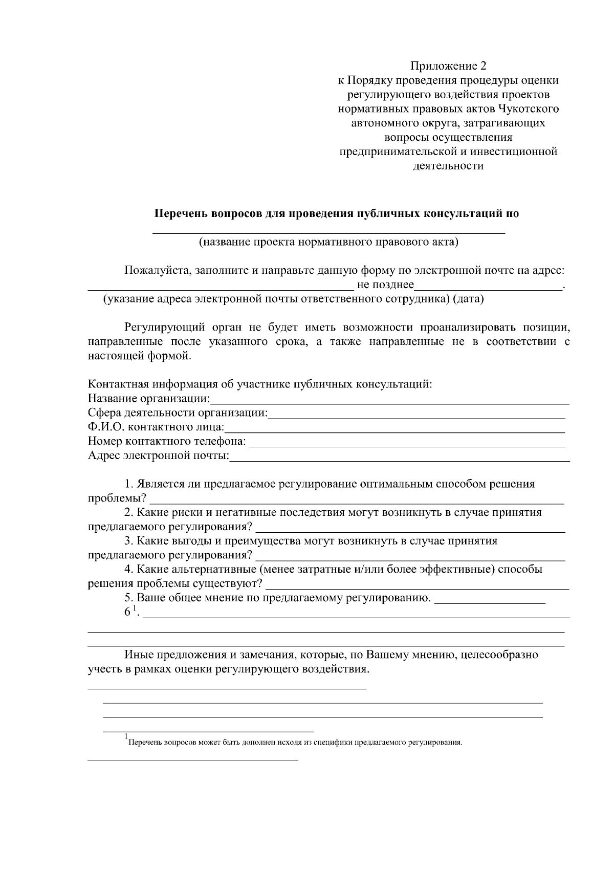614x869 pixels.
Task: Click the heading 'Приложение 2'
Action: [x=448, y=66]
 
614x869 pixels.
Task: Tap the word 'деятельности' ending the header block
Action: [x=448, y=166]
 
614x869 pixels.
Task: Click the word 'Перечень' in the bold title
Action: [x=182, y=214]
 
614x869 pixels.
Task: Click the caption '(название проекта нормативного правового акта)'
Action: [x=328, y=242]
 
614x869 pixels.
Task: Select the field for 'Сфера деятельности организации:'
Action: [x=416, y=414]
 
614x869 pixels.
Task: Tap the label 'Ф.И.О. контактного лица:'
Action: [x=156, y=427]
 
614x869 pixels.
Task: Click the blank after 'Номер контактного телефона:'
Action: [x=407, y=442]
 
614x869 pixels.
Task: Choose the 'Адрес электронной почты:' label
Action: [x=159, y=456]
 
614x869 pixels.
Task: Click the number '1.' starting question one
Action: [x=129, y=484]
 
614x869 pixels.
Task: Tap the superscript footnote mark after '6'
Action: [x=135, y=608]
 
